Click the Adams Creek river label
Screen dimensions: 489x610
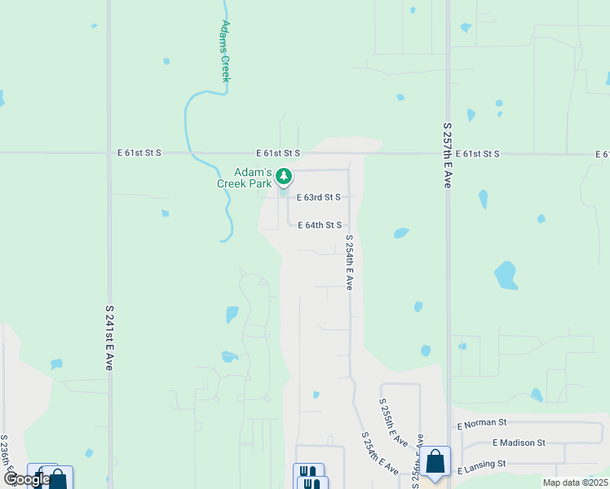click(x=225, y=50)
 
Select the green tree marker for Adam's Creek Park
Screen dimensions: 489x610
click(x=284, y=175)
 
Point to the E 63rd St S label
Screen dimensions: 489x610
click(x=318, y=197)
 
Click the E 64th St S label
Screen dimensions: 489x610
click(x=319, y=225)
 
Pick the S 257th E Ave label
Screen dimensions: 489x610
click(x=447, y=156)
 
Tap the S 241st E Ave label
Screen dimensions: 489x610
click(x=108, y=338)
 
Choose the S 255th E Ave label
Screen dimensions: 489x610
click(x=393, y=422)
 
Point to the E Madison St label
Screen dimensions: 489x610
click(x=519, y=443)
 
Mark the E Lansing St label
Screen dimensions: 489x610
click(x=482, y=463)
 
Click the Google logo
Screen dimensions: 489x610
click(x=27, y=478)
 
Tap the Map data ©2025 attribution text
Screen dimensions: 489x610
click(x=575, y=482)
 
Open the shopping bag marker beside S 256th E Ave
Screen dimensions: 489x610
click(x=435, y=461)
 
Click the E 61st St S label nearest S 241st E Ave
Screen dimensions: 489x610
click(x=139, y=153)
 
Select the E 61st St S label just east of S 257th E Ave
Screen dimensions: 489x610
click(x=477, y=153)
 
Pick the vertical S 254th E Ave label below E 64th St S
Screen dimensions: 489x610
click(x=349, y=262)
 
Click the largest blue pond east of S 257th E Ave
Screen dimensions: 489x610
click(x=506, y=275)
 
